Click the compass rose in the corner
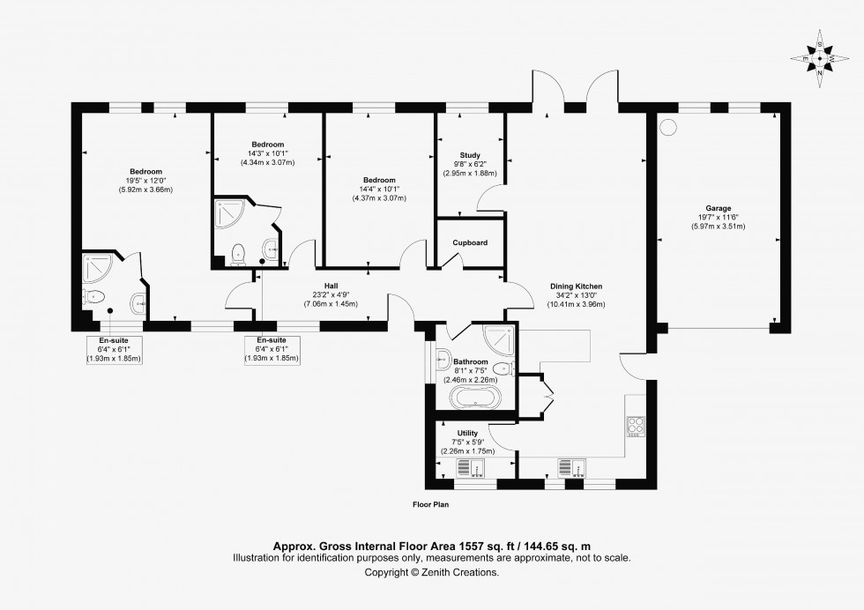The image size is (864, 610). click(x=820, y=59)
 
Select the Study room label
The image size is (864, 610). click(x=469, y=155)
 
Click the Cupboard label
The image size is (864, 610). click(x=470, y=242)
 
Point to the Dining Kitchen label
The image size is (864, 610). click(x=576, y=287)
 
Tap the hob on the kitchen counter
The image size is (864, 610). click(x=636, y=428)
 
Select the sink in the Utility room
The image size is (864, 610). click(x=467, y=468)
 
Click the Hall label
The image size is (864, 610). click(x=331, y=286)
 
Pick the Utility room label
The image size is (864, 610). click(x=468, y=433)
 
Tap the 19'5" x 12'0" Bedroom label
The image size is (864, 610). click(x=145, y=172)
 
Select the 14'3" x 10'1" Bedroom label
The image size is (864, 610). click(x=267, y=145)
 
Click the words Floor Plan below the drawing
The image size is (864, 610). click(x=431, y=506)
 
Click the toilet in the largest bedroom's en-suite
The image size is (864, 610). click(x=94, y=296)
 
